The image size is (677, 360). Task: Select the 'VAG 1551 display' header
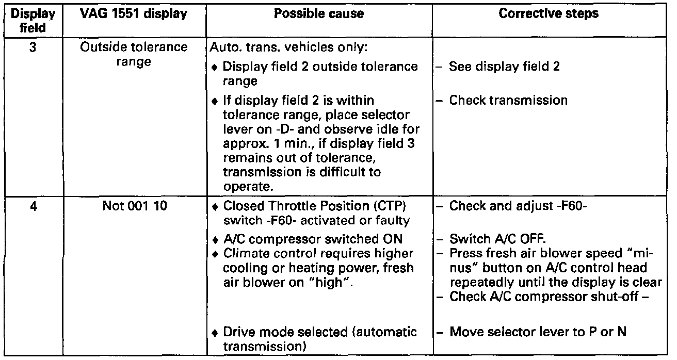134,14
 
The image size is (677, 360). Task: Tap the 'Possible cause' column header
318,14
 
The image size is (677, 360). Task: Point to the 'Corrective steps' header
549,14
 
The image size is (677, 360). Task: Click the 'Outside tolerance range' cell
134,55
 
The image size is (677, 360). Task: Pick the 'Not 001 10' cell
134,206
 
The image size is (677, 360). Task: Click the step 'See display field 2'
504,67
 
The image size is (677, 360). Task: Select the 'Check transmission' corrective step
508,100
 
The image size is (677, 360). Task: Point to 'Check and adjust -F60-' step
521,206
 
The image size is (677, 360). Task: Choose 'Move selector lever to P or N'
538,331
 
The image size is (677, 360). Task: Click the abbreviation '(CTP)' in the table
398,206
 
